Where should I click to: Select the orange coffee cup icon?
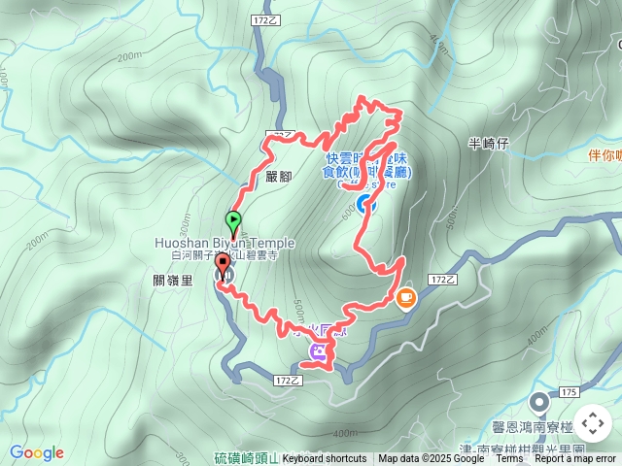point(405,298)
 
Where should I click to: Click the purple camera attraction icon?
point(318,352)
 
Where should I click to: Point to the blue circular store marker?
point(363,203)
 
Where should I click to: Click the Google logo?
point(37,452)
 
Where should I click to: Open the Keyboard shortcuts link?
point(325,458)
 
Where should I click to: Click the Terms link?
point(509,458)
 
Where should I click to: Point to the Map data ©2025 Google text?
point(432,458)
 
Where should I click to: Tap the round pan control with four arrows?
point(592,423)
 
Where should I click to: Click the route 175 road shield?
point(569,391)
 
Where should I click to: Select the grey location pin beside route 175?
point(539,401)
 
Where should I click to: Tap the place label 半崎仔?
point(489,144)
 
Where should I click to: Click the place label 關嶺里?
point(174,281)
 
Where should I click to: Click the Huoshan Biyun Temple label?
point(224,242)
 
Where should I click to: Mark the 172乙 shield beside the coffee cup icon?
point(443,279)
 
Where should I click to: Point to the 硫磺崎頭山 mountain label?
point(245,458)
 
